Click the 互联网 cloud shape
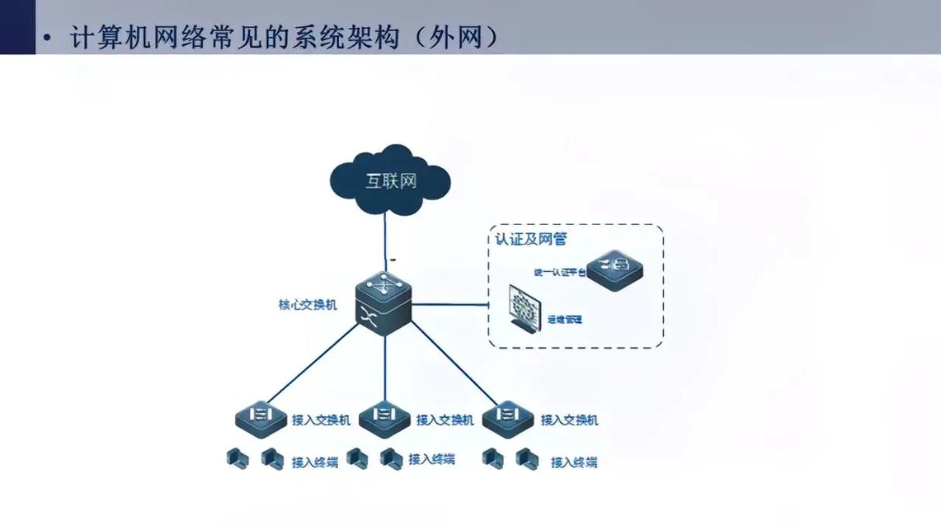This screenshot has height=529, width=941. (390, 181)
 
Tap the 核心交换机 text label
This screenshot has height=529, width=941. (307, 305)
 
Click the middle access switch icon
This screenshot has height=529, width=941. (385, 418)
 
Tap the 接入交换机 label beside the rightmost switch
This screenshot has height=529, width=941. (569, 420)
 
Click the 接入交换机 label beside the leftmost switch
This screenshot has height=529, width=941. (321, 420)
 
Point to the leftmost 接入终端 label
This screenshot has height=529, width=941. (315, 462)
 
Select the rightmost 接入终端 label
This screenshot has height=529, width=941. (573, 462)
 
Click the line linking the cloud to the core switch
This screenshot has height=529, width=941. (385, 240)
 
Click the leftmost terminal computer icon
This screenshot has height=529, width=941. (238, 459)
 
